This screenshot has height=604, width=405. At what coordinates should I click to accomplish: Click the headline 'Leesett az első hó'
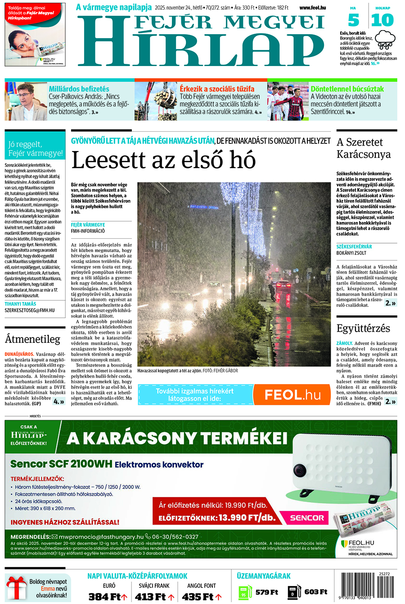[164, 160]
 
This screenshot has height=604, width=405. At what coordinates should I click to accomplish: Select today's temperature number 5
[354, 20]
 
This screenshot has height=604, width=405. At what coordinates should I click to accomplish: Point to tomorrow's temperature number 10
[382, 20]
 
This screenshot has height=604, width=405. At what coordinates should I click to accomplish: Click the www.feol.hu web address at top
[312, 8]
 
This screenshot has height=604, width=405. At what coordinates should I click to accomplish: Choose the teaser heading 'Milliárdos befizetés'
[79, 89]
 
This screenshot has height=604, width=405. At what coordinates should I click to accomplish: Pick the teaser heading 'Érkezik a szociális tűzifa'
[217, 89]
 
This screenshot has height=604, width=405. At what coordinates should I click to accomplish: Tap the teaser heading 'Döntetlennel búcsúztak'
[347, 89]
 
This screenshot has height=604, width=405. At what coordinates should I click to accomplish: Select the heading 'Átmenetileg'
[32, 338]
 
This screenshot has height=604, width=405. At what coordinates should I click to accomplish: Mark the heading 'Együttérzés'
[363, 328]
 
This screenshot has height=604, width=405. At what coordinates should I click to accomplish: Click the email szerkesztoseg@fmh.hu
[30, 310]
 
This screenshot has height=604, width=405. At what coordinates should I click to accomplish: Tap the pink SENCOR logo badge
[307, 518]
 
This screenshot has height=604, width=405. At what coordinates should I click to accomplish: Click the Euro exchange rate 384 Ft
[105, 597]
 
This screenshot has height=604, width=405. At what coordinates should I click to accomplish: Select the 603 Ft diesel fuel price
[315, 592]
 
